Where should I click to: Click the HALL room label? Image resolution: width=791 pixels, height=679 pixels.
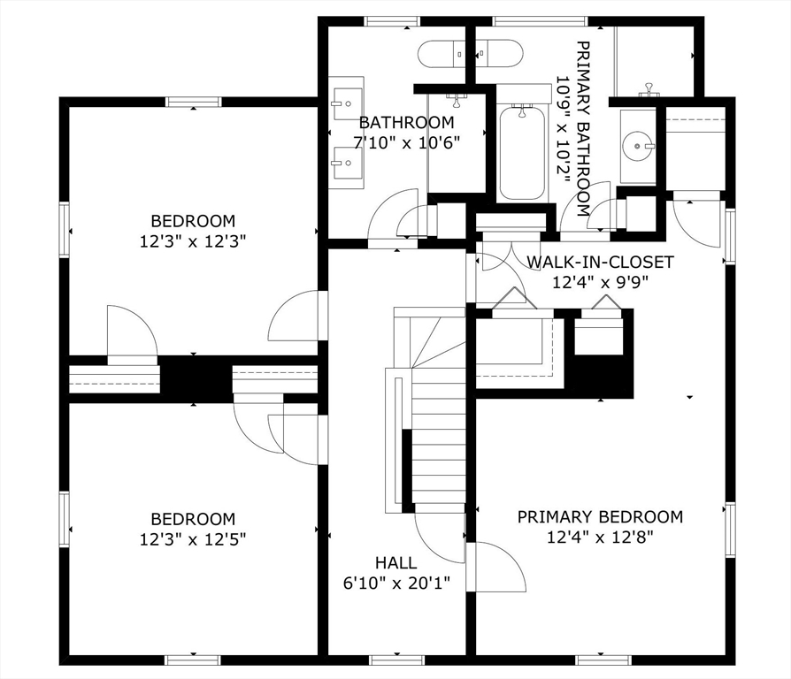tap(395, 562)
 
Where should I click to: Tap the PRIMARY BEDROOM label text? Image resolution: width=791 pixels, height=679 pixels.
tap(600, 516)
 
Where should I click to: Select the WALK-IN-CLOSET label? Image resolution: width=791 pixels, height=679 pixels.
tap(600, 263)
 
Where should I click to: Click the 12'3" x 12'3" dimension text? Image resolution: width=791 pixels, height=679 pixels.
tap(193, 240)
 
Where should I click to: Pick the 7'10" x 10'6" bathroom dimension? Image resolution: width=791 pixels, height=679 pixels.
tap(407, 141)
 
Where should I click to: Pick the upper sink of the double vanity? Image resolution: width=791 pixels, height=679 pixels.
tap(347, 102)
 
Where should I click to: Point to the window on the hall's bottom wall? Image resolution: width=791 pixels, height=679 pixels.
tap(396, 660)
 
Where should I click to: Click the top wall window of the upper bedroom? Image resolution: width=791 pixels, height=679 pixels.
tap(193, 102)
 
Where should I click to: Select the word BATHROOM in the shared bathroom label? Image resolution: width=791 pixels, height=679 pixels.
tap(407, 123)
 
